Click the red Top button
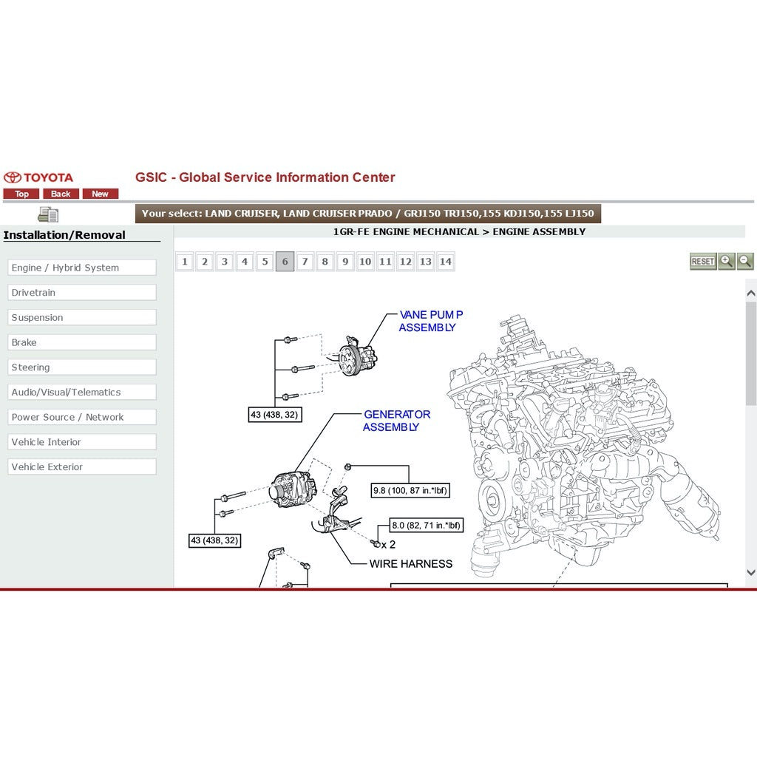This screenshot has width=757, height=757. [x=21, y=194]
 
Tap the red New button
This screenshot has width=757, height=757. [x=100, y=194]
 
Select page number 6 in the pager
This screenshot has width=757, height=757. [x=285, y=262]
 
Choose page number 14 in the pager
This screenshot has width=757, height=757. [x=446, y=262]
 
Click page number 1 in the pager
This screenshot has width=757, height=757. [x=184, y=262]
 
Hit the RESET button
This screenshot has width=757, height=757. [x=702, y=261]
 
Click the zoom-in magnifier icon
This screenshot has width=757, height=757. [x=726, y=261]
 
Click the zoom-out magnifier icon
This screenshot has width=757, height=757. [x=745, y=261]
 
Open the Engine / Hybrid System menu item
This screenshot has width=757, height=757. [x=82, y=268]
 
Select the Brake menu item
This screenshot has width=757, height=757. [x=82, y=342]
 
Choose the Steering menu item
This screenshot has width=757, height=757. [x=82, y=367]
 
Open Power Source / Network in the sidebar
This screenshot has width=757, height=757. [x=82, y=417]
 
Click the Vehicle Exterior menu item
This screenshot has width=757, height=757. [x=82, y=467]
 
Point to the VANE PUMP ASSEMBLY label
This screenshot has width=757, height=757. [x=431, y=321]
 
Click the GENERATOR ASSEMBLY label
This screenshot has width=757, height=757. [x=396, y=421]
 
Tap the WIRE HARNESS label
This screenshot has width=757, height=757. [x=411, y=564]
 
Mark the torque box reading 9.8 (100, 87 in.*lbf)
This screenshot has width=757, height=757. [x=410, y=491]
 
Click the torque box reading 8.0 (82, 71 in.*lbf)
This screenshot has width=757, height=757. [x=427, y=526]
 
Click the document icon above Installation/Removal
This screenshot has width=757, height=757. [x=48, y=214]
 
